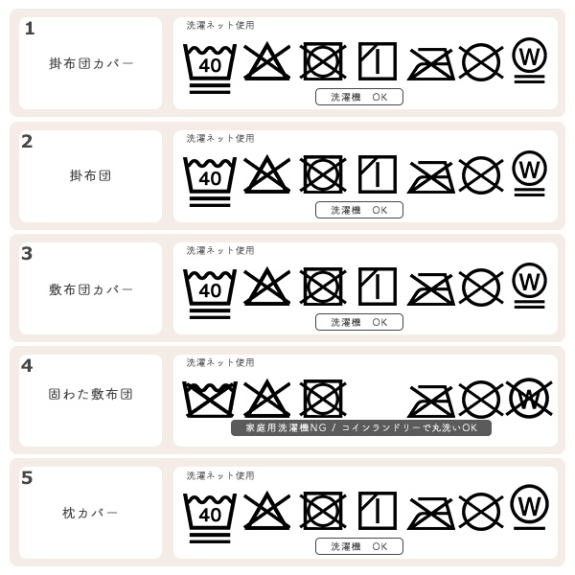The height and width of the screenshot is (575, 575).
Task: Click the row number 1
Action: click(29, 29)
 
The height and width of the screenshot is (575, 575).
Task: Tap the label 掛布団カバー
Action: click(91, 63)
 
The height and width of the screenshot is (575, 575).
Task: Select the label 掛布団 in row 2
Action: click(91, 175)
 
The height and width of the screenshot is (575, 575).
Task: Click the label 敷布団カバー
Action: click(91, 288)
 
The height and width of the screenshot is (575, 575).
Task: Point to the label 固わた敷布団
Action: click(91, 394)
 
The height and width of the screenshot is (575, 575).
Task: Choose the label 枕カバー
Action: click(91, 513)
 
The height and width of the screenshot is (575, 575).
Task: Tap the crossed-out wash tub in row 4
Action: click(210, 399)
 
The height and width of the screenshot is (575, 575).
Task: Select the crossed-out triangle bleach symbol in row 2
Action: click(266, 174)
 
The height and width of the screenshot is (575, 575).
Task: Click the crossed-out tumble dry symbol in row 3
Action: click(323, 287)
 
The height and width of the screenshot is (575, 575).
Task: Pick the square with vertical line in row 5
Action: click(378, 511)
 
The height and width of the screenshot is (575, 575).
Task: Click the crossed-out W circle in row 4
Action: click(528, 398)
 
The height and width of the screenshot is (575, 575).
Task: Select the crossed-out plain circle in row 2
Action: click(481, 174)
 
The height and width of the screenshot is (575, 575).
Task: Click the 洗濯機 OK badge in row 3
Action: click(359, 322)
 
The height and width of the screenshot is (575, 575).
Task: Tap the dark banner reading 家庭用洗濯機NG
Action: click(360, 427)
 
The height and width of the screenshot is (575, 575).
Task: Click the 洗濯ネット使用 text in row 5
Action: click(220, 475)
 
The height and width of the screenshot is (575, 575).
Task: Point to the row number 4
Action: click(27, 365)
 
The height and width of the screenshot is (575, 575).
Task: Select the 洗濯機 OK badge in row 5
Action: click(359, 546)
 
